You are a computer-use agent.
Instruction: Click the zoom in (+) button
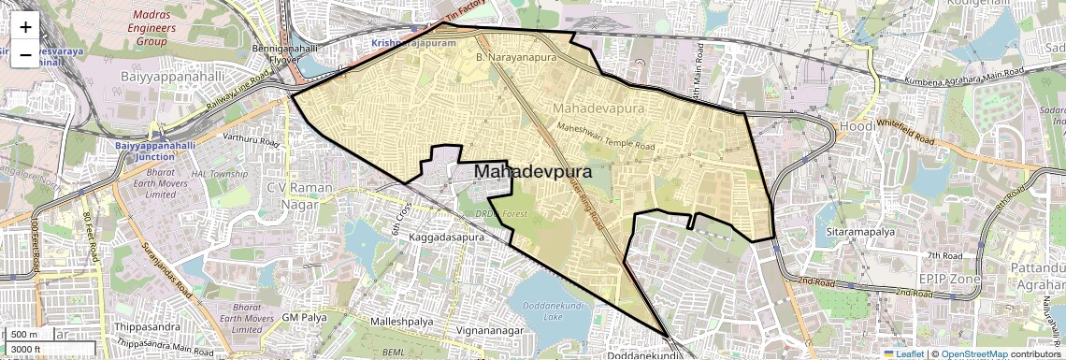(x=25, y=26)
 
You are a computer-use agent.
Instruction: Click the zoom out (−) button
(x=25, y=54)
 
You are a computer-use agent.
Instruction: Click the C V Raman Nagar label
(x=300, y=194)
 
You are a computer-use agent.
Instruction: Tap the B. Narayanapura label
(x=515, y=58)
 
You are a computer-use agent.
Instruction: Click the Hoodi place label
(x=855, y=126)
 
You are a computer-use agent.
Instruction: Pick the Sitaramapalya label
(x=856, y=228)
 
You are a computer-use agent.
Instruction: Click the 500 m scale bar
(x=26, y=335)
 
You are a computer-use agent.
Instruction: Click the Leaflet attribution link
(x=904, y=353)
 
